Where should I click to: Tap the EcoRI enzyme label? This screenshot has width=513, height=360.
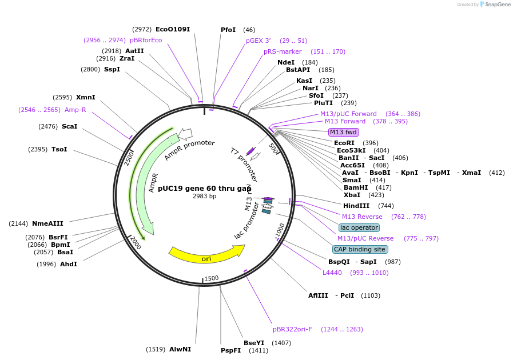344,143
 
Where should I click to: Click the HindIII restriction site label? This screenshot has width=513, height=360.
356,206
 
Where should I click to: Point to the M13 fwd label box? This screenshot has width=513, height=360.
343,132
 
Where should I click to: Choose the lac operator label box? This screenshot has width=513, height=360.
359,227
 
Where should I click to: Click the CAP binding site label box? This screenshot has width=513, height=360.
360,249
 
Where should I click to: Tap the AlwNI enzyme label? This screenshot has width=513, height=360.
180,349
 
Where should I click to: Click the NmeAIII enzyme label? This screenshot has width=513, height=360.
47,223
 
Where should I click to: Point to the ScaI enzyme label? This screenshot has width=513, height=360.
69,126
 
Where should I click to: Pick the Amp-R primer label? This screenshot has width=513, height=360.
75,110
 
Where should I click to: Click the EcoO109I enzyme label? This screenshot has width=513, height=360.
173,29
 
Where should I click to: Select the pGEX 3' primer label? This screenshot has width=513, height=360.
258,41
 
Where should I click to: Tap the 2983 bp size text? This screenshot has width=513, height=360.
204,197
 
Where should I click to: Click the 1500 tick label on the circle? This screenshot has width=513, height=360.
211,278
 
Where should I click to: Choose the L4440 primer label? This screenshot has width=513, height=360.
332,273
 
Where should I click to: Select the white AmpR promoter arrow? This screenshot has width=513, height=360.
185,134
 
